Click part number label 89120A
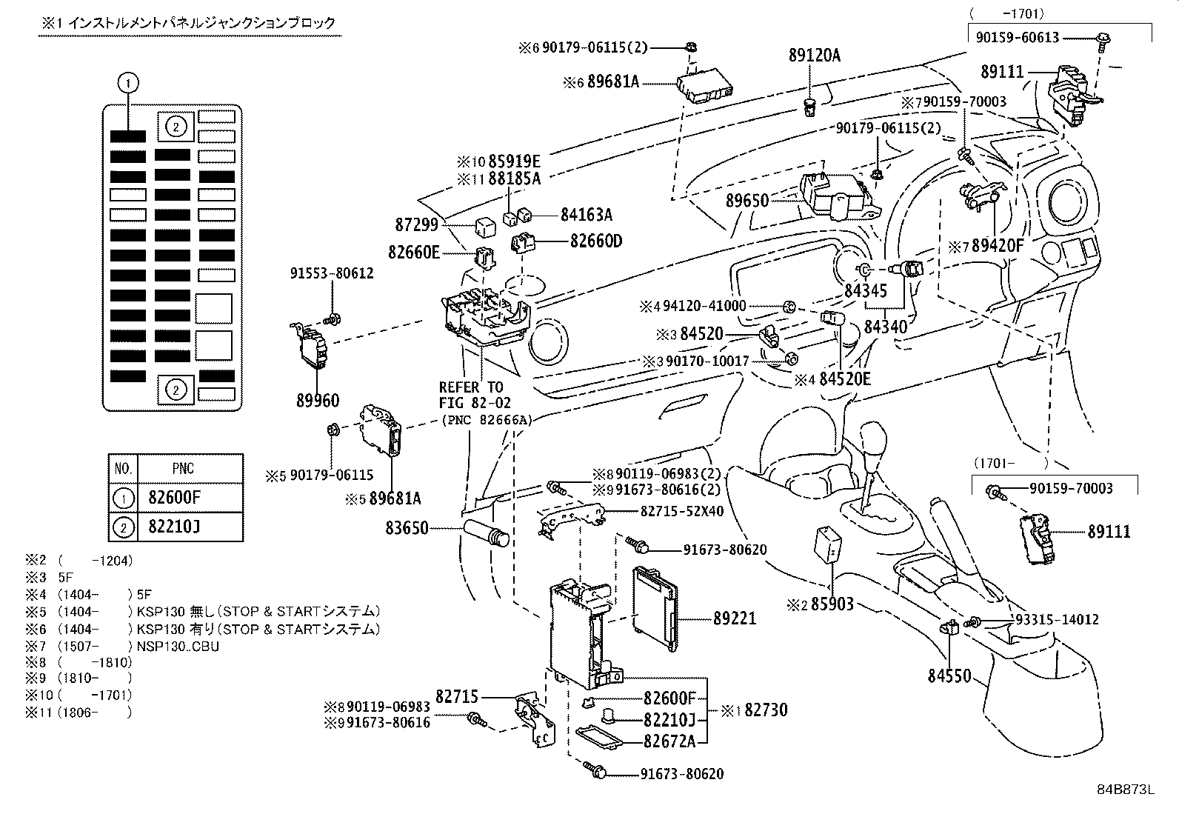[815, 56]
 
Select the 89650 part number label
[747, 201]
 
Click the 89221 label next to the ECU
[735, 618]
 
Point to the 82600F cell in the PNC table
[170, 497]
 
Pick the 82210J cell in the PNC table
[170, 527]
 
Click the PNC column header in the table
[183, 468]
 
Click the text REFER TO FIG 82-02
[471, 395]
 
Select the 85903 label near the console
[832, 604]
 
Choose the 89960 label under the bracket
[317, 401]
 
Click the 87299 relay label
[417, 224]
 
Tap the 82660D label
[596, 241]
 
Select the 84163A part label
[587, 215]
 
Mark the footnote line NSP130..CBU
[178, 645]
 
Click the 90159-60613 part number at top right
[1017, 37]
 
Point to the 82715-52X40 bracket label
[681, 511]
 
